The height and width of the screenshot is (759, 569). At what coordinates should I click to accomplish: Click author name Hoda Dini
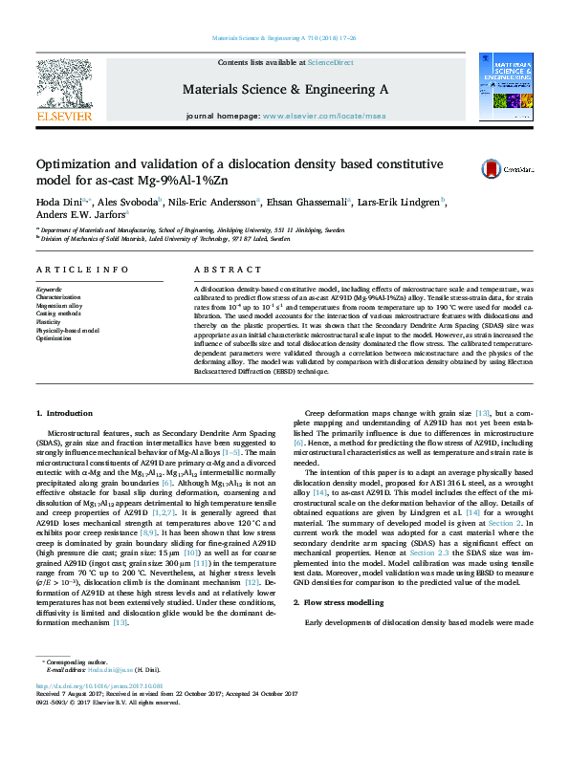click(59, 203)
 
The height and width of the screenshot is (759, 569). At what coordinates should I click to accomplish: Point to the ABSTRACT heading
click(221, 271)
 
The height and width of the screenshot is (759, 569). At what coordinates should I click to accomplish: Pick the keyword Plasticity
click(50, 322)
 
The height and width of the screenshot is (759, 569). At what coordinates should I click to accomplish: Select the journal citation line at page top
click(284, 38)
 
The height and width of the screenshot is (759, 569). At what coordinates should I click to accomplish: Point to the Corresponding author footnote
click(73, 688)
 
